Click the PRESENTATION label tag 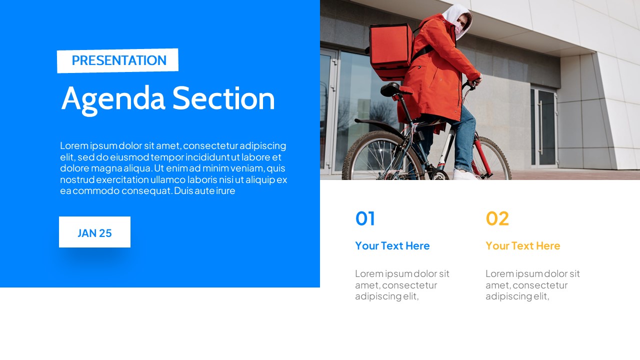pyautogui.click(x=118, y=60)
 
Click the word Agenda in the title pyautogui.click(x=113, y=98)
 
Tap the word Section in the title pyautogui.click(x=223, y=98)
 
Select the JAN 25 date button pyautogui.click(x=94, y=232)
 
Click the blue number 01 pyautogui.click(x=365, y=218)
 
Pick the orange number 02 pyautogui.click(x=497, y=218)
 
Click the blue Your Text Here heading pyautogui.click(x=392, y=245)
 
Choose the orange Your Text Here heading pyautogui.click(x=522, y=245)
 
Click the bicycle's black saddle pyautogui.click(x=391, y=89)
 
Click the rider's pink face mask pyautogui.click(x=458, y=29)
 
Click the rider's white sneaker pyautogui.click(x=465, y=174)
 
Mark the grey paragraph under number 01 pyautogui.click(x=402, y=285)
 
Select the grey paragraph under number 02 pyautogui.click(x=532, y=285)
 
